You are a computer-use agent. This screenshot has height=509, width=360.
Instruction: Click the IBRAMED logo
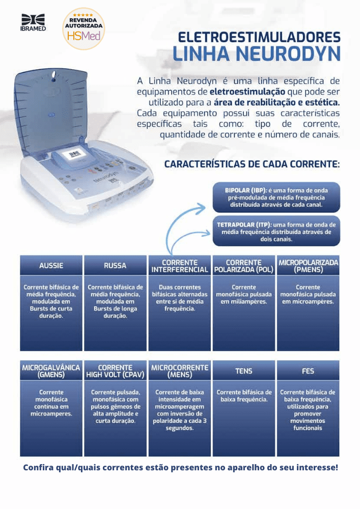click(33, 23)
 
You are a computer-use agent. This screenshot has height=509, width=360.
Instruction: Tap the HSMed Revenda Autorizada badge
click(84, 29)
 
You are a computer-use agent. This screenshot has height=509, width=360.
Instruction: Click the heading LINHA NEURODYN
click(256, 54)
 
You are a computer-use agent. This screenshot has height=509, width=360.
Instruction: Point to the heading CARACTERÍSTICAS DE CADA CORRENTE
click(252, 164)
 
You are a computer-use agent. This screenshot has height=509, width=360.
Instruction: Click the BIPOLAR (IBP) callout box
click(276, 197)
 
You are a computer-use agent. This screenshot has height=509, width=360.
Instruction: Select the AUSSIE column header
click(51, 266)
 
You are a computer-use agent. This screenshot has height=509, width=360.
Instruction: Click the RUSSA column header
click(115, 266)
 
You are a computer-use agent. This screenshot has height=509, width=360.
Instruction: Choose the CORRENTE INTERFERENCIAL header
click(180, 266)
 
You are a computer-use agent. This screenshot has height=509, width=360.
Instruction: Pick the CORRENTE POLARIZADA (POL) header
click(244, 266)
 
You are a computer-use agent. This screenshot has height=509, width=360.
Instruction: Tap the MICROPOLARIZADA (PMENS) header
click(308, 266)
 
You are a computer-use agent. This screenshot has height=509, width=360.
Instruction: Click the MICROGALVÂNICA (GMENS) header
click(51, 371)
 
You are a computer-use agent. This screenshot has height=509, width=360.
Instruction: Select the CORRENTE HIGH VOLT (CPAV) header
click(115, 371)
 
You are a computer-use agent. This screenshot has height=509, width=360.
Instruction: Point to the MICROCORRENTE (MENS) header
click(180, 371)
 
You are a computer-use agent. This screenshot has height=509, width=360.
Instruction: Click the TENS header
click(244, 371)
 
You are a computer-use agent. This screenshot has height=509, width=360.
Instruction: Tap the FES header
click(308, 371)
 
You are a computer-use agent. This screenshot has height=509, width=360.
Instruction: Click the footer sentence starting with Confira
click(180, 467)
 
